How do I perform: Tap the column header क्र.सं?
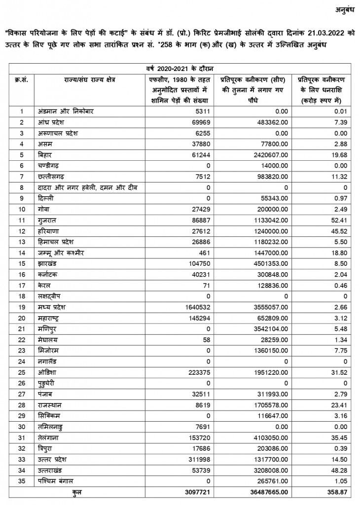[x=21, y=79]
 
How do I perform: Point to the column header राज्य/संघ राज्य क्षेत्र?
[x=89, y=79]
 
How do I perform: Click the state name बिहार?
[x=46, y=154]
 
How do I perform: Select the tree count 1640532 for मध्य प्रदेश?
[x=196, y=306]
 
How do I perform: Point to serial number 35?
[x=21, y=480]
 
